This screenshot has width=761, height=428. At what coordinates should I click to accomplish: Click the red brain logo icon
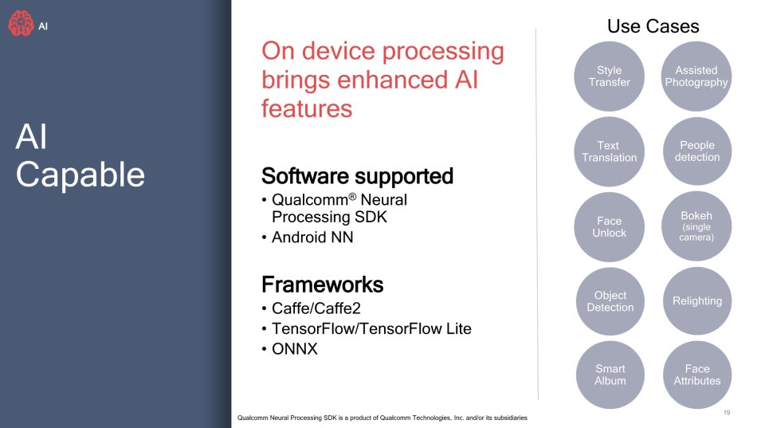[21, 23]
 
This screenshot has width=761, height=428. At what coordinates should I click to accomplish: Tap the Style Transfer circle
[609, 77]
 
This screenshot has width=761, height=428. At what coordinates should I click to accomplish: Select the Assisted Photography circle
[696, 77]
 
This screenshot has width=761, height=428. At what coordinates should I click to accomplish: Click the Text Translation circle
[609, 151]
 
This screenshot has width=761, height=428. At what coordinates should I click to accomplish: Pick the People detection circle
[697, 151]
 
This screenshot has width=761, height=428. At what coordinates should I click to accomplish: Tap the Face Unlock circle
[609, 226]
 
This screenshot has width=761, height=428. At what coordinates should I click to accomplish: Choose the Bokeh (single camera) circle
[696, 226]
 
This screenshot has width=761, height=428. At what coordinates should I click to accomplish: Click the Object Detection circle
[610, 300]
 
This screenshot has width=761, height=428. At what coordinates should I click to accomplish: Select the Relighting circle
[697, 300]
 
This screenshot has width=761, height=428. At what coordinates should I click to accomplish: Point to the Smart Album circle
[610, 375]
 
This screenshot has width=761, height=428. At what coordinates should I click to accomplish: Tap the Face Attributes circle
[697, 375]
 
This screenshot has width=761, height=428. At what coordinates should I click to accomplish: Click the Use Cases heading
[653, 26]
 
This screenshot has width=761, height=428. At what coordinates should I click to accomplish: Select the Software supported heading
[357, 176]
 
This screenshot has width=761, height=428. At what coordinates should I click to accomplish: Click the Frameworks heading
[322, 285]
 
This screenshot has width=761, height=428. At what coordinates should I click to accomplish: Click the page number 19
[727, 413]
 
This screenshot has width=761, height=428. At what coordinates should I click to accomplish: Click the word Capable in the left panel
[80, 175]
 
